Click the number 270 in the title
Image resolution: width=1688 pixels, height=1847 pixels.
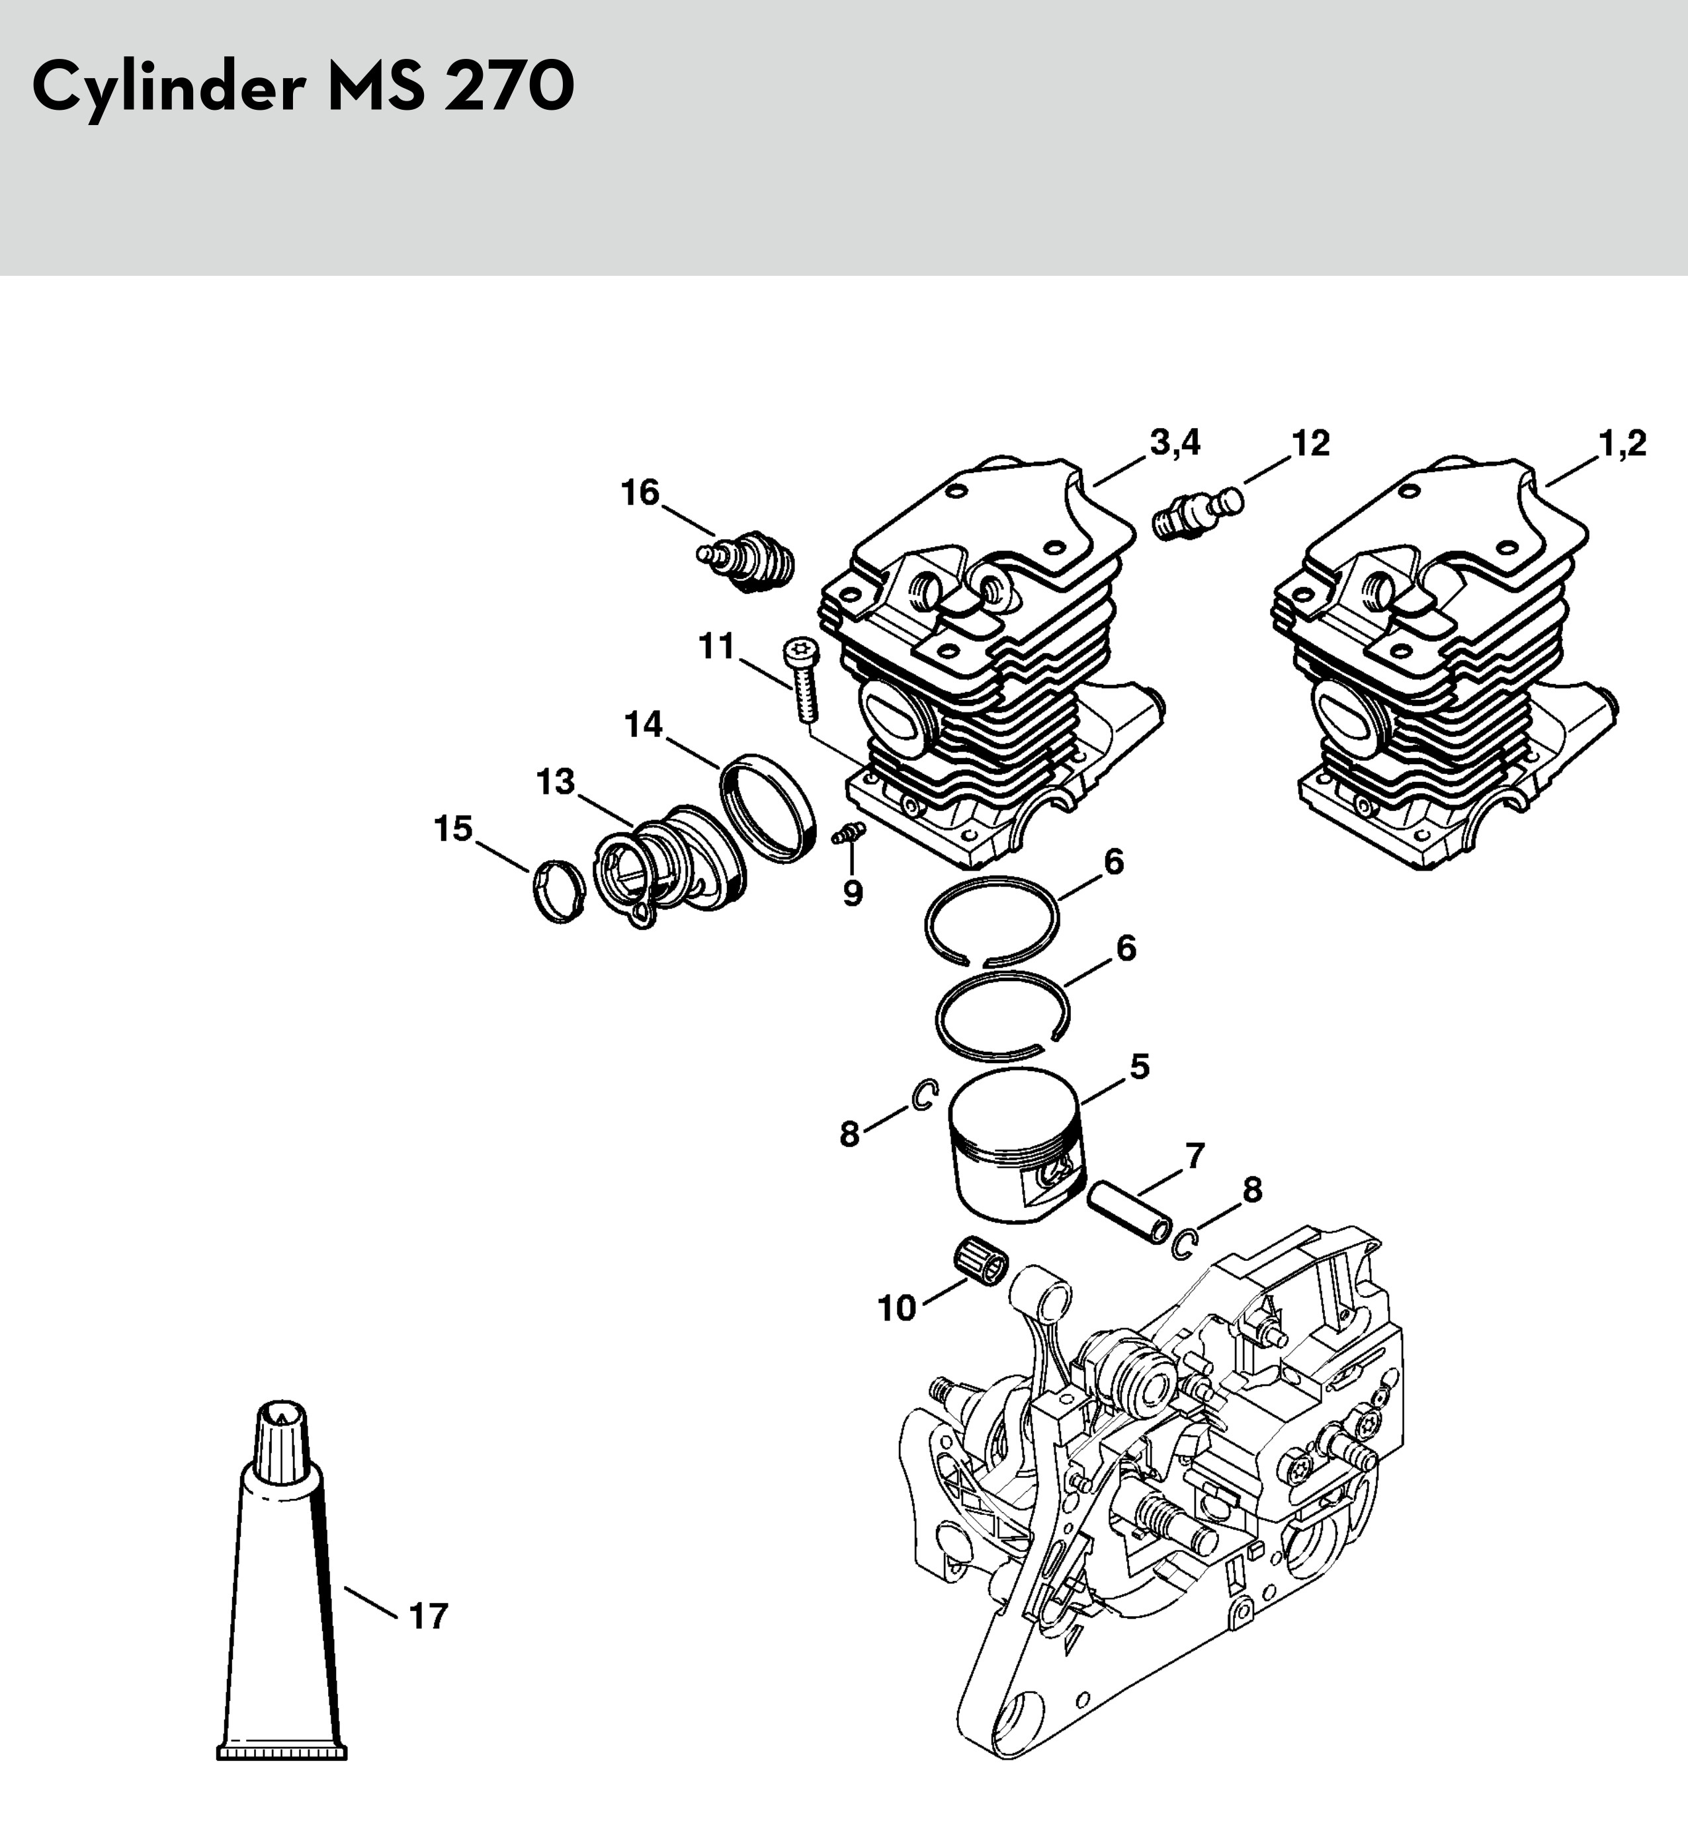coord(509,88)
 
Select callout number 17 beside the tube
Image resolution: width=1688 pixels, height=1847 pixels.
coord(428,1616)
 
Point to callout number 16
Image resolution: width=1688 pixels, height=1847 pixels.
coord(640,493)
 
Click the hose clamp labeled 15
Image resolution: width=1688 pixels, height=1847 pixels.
coord(559,892)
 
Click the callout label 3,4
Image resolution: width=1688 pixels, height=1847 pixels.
coord(1174,445)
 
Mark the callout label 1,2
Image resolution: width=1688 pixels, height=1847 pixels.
coord(1622,445)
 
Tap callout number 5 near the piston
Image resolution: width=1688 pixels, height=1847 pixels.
coord(1140,1066)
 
